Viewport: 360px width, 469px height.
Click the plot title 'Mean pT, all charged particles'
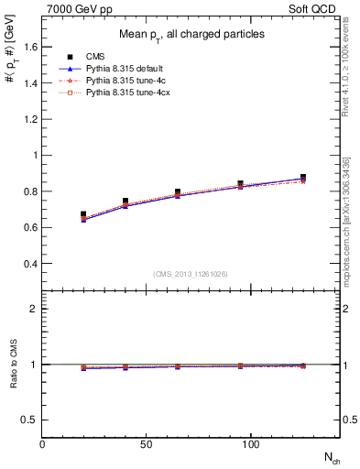191,35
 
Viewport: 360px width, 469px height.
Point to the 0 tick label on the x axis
42,443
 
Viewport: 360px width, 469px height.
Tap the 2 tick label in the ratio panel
34,310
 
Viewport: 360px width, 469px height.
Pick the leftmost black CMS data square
84,214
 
